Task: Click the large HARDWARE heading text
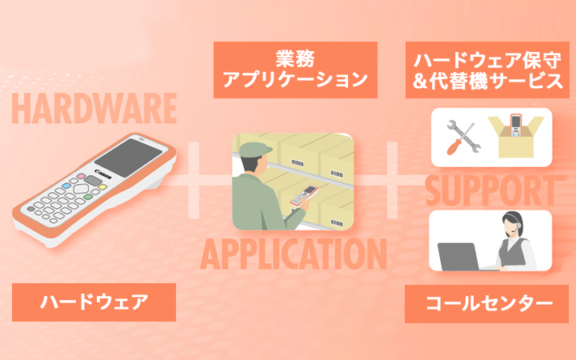click(x=94, y=108)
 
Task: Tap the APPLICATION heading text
click(x=293, y=254)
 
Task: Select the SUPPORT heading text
click(x=490, y=190)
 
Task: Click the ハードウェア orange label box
click(x=94, y=302)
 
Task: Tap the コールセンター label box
click(x=487, y=303)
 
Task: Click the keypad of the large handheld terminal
click(x=64, y=200)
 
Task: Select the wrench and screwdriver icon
click(x=460, y=138)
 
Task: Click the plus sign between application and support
click(x=390, y=178)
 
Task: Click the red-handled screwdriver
click(x=453, y=146)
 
